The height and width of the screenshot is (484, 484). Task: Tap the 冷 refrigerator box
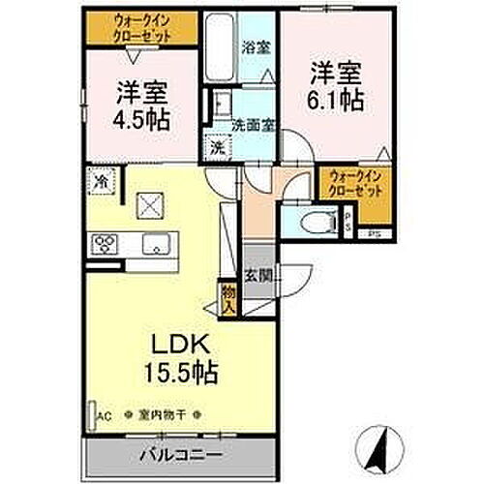pyautogui.click(x=101, y=179)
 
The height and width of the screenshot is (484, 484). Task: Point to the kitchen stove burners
pyautogui.click(x=103, y=243)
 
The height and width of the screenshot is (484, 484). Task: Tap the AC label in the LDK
pyautogui.click(x=105, y=415)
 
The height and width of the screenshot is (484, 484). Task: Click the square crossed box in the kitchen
pyautogui.click(x=150, y=204)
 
